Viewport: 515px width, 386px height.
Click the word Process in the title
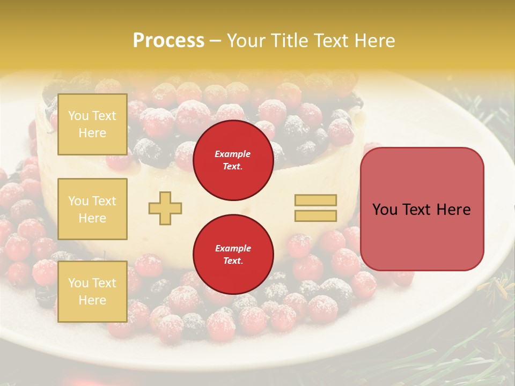pyautogui.click(x=168, y=41)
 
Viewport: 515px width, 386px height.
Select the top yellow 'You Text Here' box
pyautogui.click(x=92, y=124)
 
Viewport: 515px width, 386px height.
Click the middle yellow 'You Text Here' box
pyautogui.click(x=92, y=209)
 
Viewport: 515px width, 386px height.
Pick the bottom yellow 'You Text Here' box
pyautogui.click(x=92, y=291)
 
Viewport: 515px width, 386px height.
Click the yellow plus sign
pyautogui.click(x=165, y=208)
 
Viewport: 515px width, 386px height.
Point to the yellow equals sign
pyautogui.click(x=315, y=208)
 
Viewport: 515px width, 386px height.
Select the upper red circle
pyautogui.click(x=233, y=160)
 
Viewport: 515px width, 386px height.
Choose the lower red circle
pyautogui.click(x=233, y=255)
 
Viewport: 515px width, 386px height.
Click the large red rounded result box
pyautogui.click(x=422, y=209)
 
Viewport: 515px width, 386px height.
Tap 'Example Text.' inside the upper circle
pyautogui.click(x=233, y=160)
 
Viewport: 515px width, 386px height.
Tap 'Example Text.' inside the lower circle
pyautogui.click(x=233, y=255)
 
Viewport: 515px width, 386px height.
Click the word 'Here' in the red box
pyautogui.click(x=454, y=210)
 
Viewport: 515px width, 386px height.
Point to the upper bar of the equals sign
pyautogui.click(x=315, y=201)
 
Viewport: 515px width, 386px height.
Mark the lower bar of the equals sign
pyautogui.click(x=315, y=216)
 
